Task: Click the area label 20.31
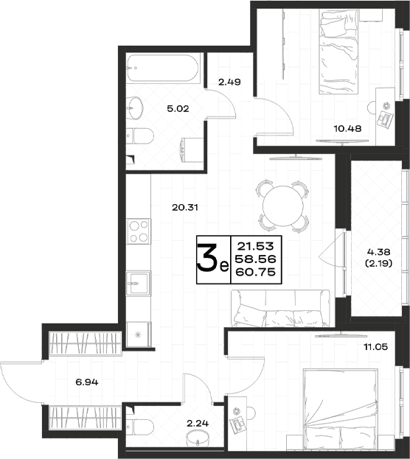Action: click(185, 208)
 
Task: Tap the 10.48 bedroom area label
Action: click(347, 128)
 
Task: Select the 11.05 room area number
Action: click(376, 347)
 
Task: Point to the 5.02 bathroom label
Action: click(178, 109)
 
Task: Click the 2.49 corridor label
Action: click(230, 82)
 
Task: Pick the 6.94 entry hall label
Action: click(87, 382)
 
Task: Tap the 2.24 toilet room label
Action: click(198, 424)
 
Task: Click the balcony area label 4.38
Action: click(378, 252)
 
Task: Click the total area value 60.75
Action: click(257, 273)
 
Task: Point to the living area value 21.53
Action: click(256, 246)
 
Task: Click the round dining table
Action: click(283, 206)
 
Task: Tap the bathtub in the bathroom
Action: click(163, 69)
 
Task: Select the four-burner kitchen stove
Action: click(139, 231)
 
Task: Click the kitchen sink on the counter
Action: click(138, 284)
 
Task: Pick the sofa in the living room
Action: click(280, 308)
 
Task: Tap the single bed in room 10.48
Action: click(338, 52)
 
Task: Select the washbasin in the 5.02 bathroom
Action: click(135, 108)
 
